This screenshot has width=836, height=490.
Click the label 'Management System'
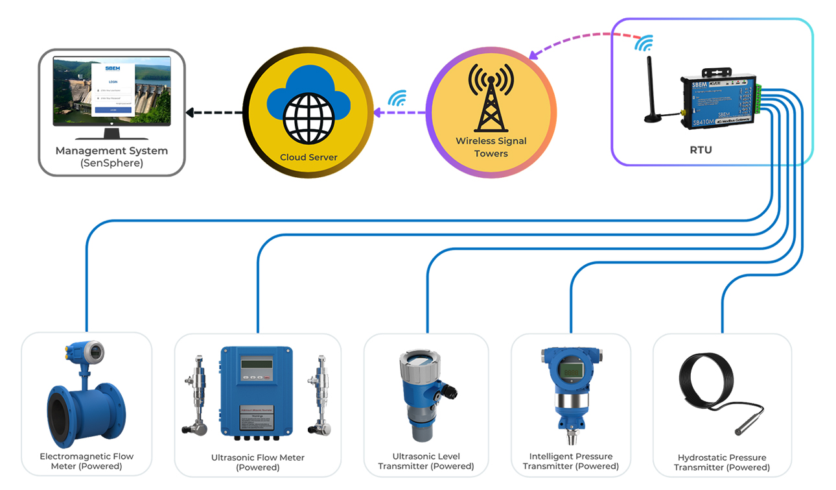point(111,151)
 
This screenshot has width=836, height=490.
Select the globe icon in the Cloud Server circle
point(308,121)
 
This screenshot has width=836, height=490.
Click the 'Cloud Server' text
point(308,157)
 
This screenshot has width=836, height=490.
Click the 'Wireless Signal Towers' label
point(491,147)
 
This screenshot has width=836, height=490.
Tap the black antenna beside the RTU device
point(651,91)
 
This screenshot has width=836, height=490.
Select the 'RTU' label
point(701,150)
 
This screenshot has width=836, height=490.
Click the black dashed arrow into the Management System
point(214,113)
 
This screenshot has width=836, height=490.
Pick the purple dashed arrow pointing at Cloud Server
point(399,113)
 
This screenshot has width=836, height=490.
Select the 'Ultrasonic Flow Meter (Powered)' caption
point(257,462)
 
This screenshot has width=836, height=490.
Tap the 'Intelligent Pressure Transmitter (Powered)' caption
point(570,461)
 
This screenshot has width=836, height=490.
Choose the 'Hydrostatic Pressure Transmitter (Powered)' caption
point(721,462)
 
